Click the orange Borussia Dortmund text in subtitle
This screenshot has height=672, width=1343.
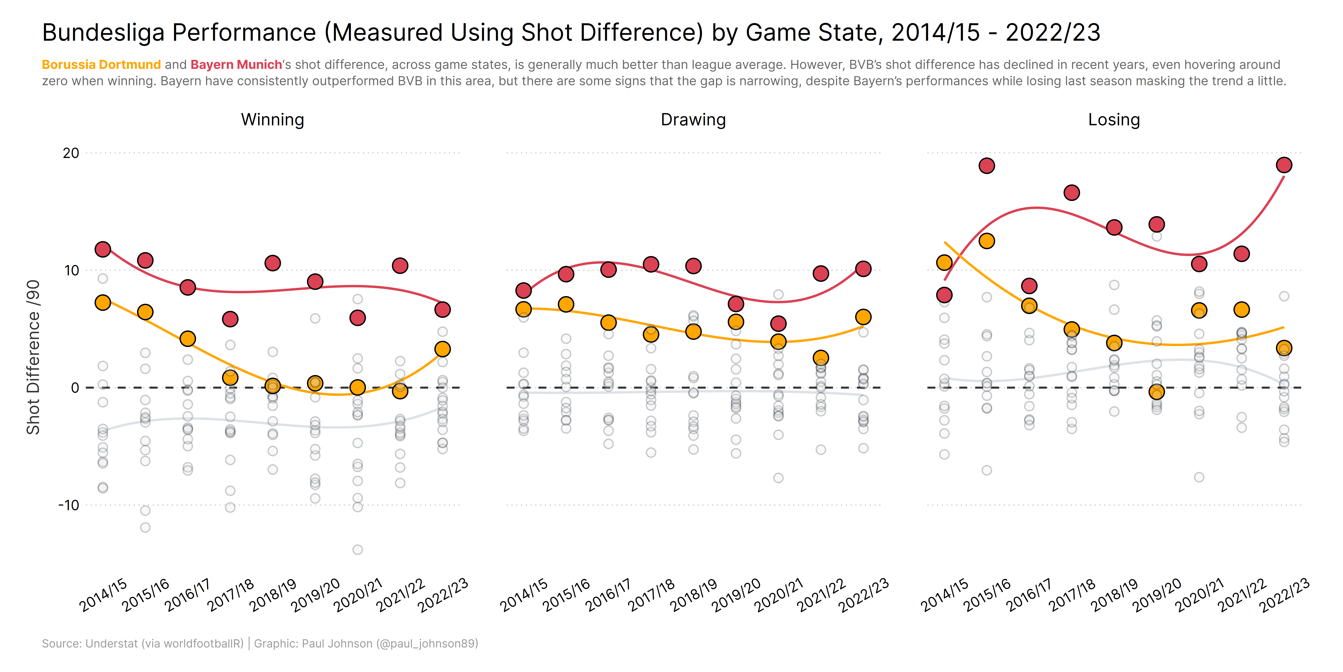click(101, 65)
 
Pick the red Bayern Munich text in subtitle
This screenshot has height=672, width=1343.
click(236, 65)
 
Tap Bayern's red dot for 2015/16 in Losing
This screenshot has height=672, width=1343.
click(986, 166)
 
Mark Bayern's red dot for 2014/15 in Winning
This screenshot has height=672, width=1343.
click(103, 249)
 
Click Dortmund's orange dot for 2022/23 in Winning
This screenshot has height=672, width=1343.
click(442, 349)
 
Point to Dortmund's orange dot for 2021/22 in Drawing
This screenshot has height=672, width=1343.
click(821, 357)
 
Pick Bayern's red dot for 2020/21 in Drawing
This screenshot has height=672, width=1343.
click(778, 323)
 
